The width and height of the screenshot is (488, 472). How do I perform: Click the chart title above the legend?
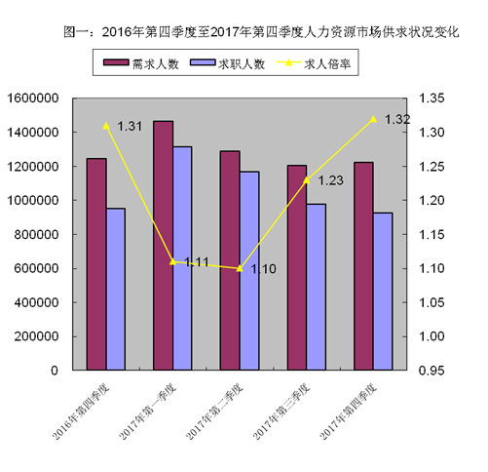[244, 32]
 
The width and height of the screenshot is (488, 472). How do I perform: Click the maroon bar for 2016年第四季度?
[96, 264]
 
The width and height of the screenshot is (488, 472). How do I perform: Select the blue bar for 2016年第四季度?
[115, 290]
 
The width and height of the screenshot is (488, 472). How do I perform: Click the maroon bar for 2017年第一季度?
[163, 246]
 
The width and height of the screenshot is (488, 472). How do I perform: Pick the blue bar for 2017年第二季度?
[248, 271]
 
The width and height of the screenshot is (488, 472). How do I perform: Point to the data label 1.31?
[131, 126]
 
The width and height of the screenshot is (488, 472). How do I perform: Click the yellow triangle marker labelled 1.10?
[239, 268]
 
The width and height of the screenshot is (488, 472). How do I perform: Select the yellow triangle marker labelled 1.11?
[172, 261]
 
